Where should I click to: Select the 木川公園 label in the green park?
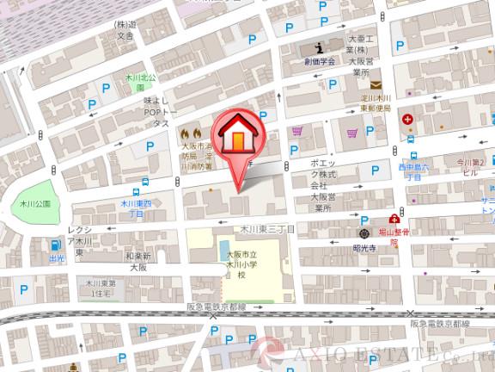[x=35, y=204]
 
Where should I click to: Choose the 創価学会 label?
[x=318, y=62]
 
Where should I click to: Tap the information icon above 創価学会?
[x=319, y=46]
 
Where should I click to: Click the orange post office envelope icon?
[x=376, y=84]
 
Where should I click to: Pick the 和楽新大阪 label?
[x=137, y=262]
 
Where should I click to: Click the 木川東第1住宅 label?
[x=101, y=288]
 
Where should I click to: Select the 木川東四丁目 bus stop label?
[x=137, y=208]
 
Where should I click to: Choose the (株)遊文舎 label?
[x=126, y=30]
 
